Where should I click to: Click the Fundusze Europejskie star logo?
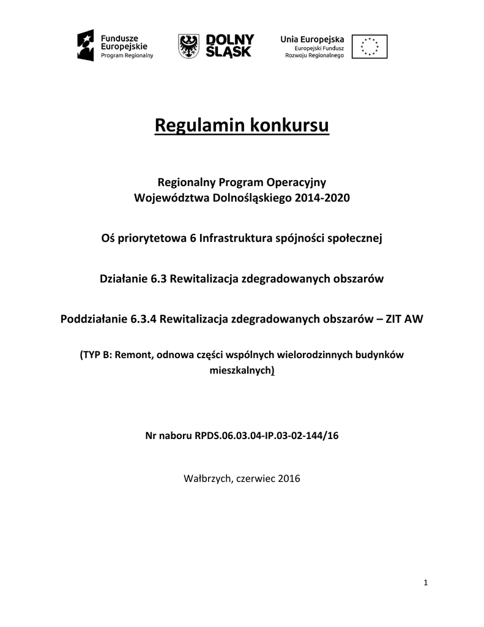tap(86, 46)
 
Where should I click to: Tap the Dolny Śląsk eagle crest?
tap(190, 46)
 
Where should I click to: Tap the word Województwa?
tap(172, 199)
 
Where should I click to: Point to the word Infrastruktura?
tap(241, 239)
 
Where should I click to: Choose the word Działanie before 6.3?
tap(124, 279)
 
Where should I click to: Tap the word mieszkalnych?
tap(240, 370)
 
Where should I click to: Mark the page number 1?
tap(425, 582)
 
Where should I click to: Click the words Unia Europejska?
tap(312, 39)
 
